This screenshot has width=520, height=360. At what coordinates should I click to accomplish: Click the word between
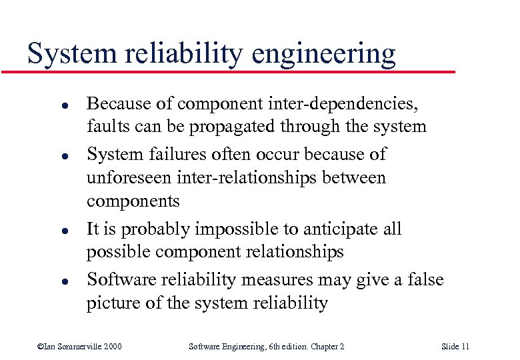pyautogui.click(x=355, y=178)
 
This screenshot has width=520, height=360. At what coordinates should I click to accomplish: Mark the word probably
pyautogui.click(x=159, y=229)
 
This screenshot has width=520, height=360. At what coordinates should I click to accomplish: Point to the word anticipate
pyautogui.click(x=345, y=229)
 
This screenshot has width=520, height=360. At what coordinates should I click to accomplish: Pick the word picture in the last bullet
pyautogui.click(x=112, y=303)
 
